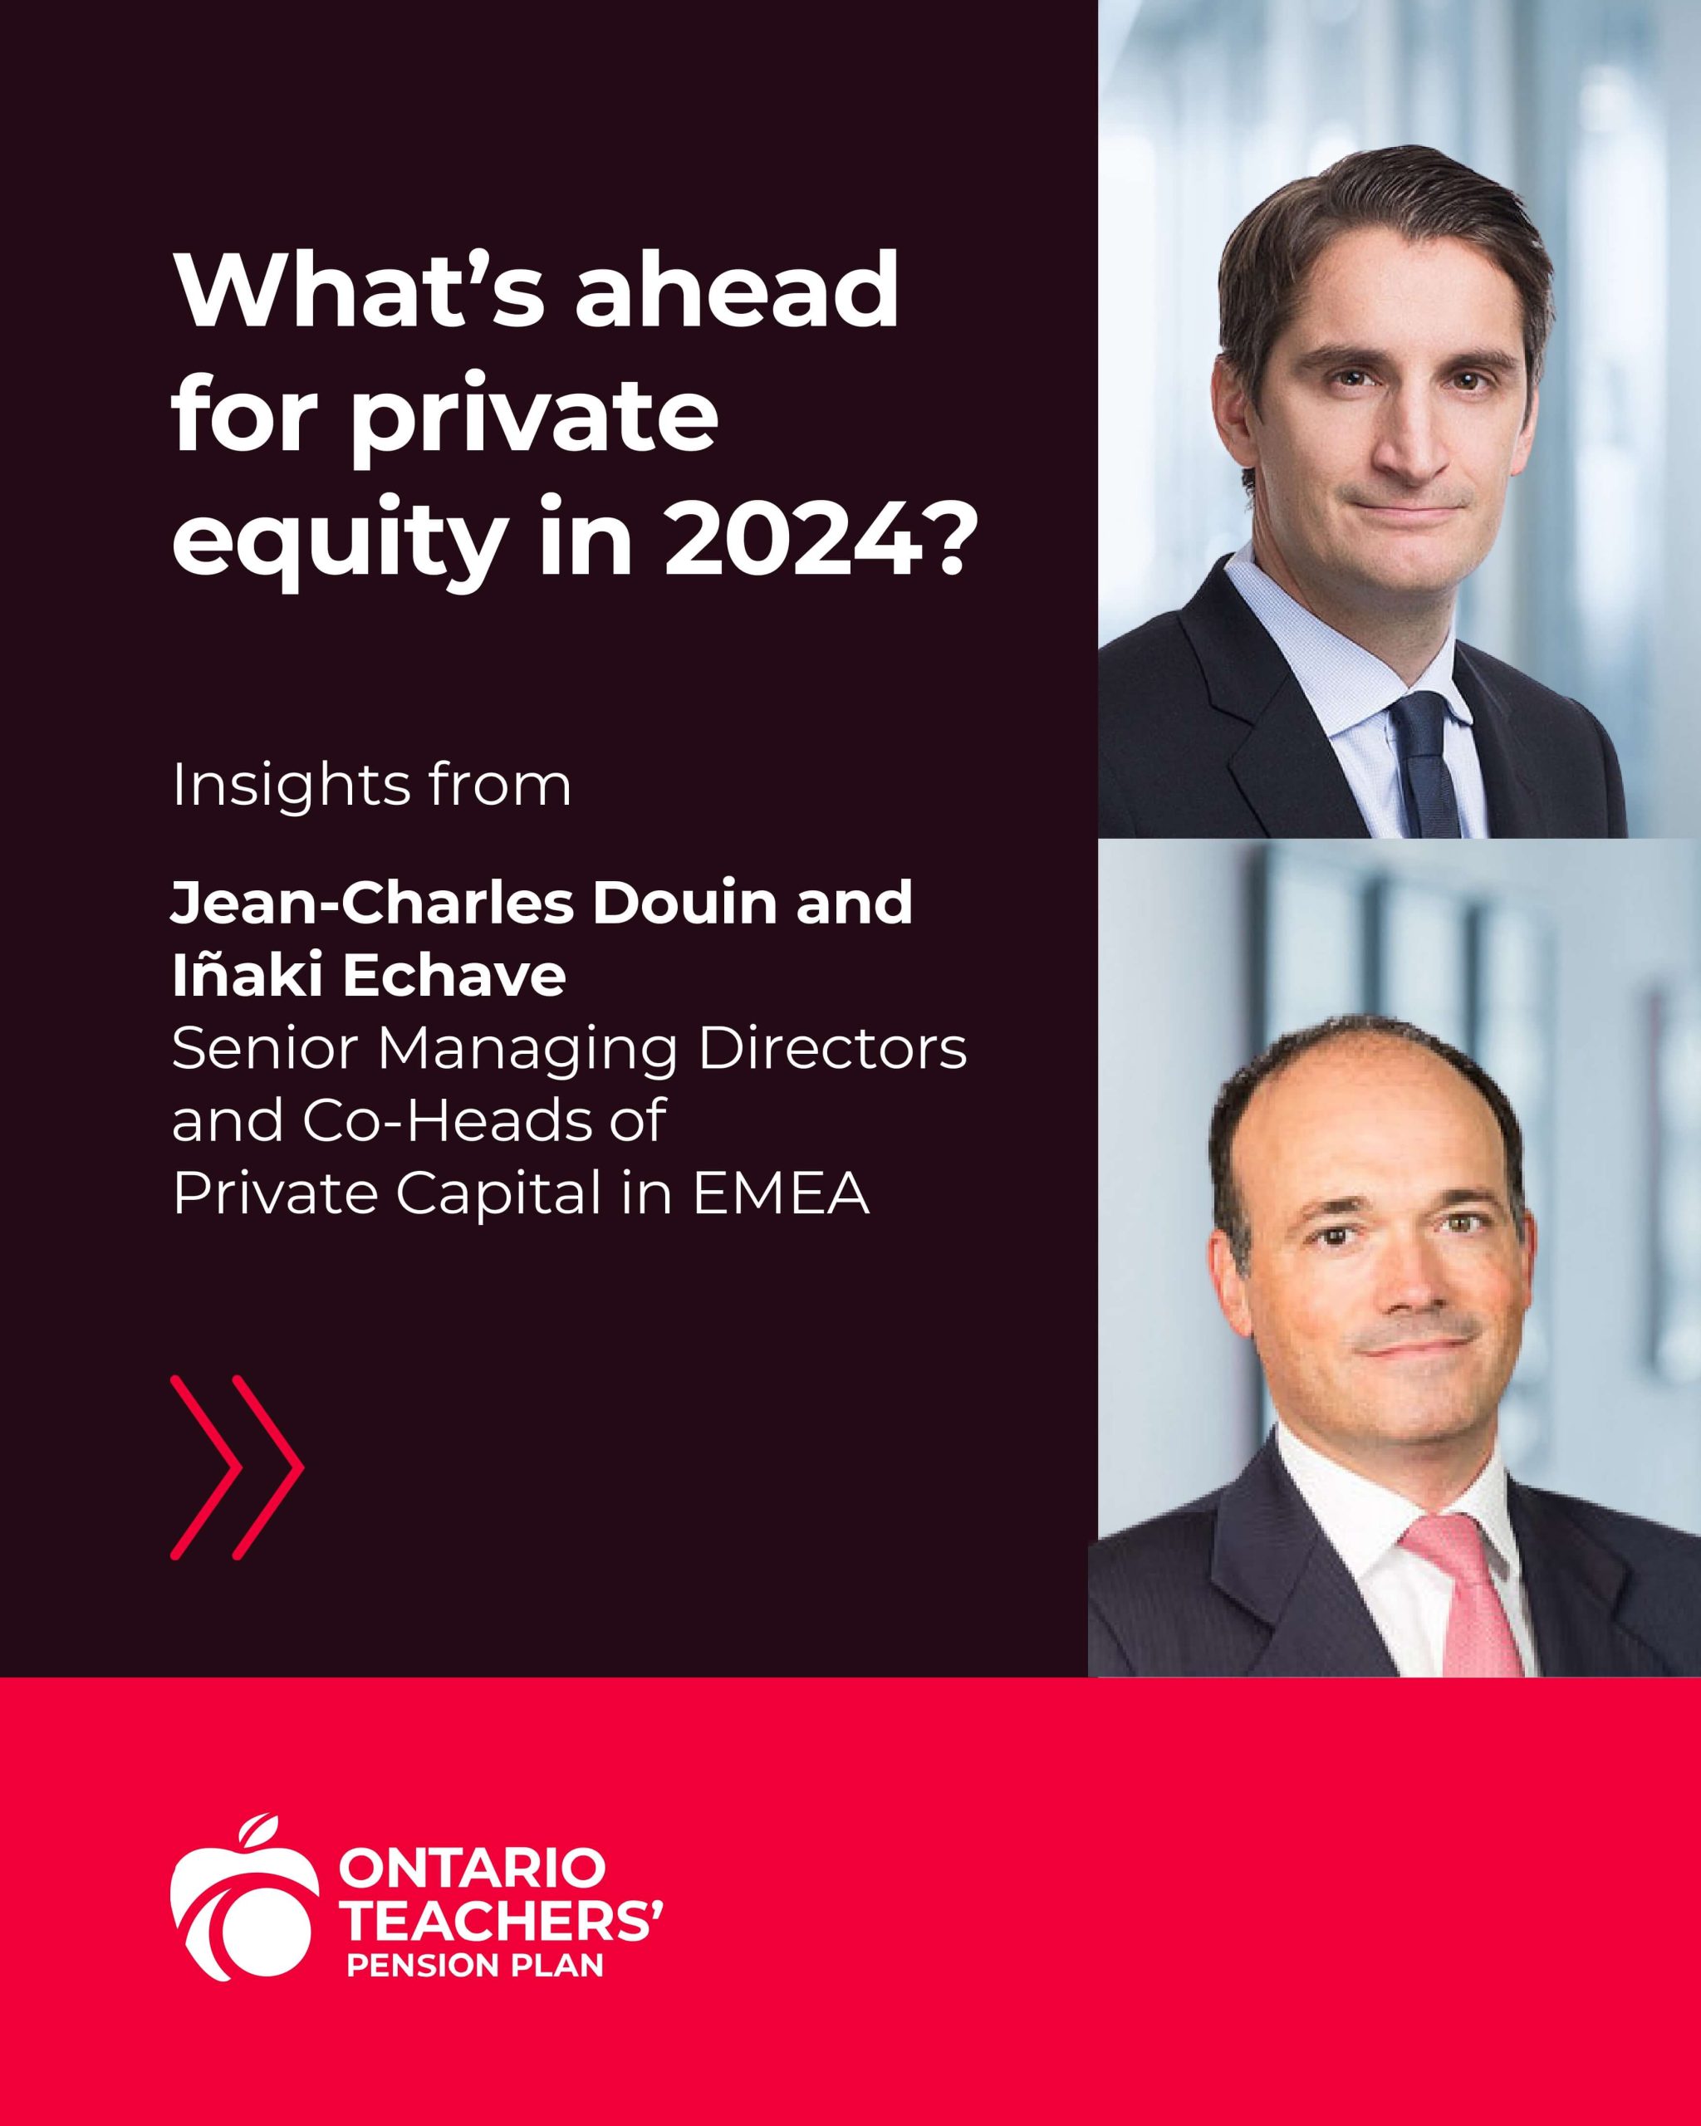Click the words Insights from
[x=372, y=785]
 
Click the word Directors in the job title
[x=832, y=1048]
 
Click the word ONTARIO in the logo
[x=472, y=1869]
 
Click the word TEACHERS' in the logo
[x=501, y=1918]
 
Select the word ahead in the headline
[x=737, y=290]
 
